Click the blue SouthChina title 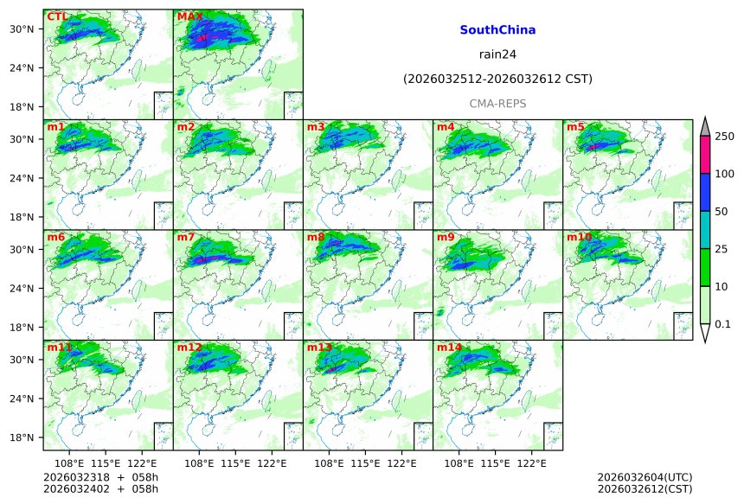pos(497,30)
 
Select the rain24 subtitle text pos(497,55)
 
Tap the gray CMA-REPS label pos(497,104)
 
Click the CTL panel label pos(57,16)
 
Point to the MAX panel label pos(189,16)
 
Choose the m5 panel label pos(575,127)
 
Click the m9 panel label pos(446,237)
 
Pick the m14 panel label pos(448,348)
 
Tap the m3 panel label pos(316,127)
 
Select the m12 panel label pos(189,348)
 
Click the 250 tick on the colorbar pos(725,137)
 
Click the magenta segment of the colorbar pos(704,155)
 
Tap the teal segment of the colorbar pos(704,229)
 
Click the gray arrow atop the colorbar pos(704,126)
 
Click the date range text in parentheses pos(497,80)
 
